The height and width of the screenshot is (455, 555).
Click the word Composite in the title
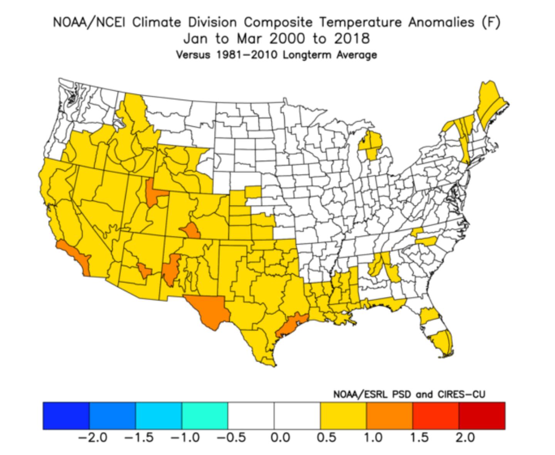(x=278, y=22)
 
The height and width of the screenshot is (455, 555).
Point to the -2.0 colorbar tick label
(x=92, y=438)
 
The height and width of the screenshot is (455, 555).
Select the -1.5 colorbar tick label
(x=139, y=438)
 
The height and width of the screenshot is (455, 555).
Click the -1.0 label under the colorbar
(x=185, y=438)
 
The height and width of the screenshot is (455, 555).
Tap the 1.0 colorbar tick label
(x=373, y=438)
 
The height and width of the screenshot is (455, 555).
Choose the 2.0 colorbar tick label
(x=465, y=438)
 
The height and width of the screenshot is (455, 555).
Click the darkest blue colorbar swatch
(x=66, y=416)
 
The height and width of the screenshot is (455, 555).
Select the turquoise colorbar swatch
(x=205, y=416)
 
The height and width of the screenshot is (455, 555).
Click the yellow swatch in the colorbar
(x=343, y=416)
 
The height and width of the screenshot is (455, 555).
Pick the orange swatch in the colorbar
(x=389, y=416)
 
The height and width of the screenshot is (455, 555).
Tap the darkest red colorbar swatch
(x=482, y=416)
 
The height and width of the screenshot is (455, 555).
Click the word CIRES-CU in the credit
(x=461, y=395)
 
